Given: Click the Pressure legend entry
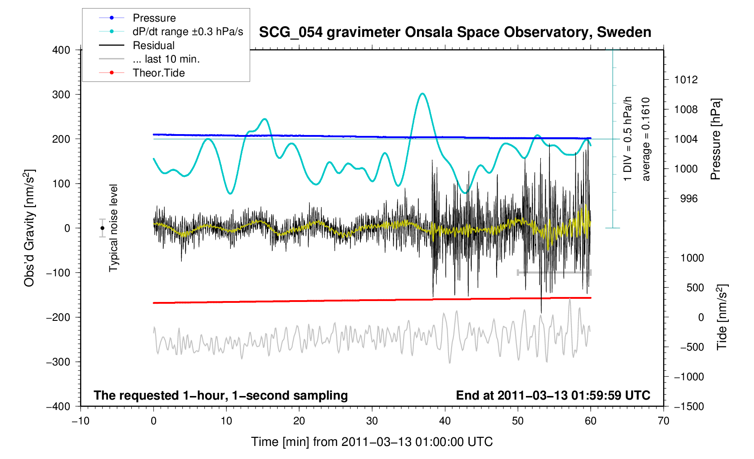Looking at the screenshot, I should pyautogui.click(x=154, y=18).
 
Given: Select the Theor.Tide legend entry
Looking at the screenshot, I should pyautogui.click(x=158, y=73).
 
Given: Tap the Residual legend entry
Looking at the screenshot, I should pyautogui.click(x=153, y=45).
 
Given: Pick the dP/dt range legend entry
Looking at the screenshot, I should pyautogui.click(x=188, y=31).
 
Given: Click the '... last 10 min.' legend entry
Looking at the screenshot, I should pyautogui.click(x=166, y=59).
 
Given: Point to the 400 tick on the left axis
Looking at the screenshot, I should pyautogui.click(x=61, y=50).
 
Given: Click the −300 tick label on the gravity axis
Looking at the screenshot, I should pyautogui.click(x=58, y=362).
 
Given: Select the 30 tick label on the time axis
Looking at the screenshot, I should pyautogui.click(x=372, y=421).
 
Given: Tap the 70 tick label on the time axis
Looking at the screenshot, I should pyautogui.click(x=664, y=421).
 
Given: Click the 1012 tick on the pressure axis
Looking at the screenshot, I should pyautogui.click(x=686, y=80).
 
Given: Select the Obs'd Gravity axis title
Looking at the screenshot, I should pyautogui.click(x=29, y=228).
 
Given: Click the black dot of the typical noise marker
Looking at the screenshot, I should pyautogui.click(x=103, y=228).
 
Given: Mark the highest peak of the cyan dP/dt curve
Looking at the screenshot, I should pyautogui.click(x=422, y=94).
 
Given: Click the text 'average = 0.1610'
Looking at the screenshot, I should pyautogui.click(x=646, y=139).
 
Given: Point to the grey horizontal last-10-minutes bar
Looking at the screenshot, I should pyautogui.click(x=554, y=272).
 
